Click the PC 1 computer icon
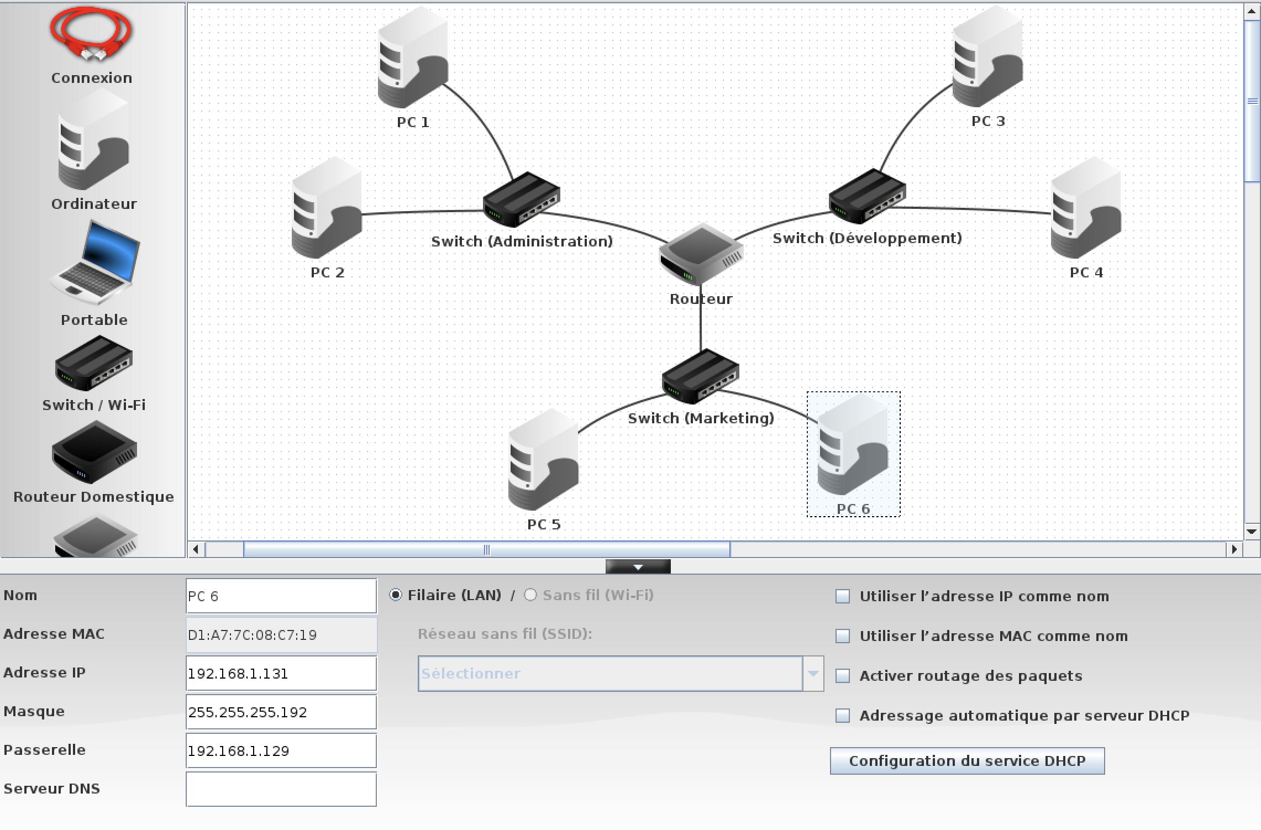coord(413,58)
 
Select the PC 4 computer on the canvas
coord(1086,208)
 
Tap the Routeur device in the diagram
coord(701,254)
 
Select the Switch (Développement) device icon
coord(867,197)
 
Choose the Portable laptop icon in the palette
coord(94,262)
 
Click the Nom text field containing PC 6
coord(281,596)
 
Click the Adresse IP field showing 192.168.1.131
coord(281,674)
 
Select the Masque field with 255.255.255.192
coord(281,712)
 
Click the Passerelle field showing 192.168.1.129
coord(281,751)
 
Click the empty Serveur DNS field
coord(281,790)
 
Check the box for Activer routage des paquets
coord(843,676)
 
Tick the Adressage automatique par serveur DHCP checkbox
coord(843,716)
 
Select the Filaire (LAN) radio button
coord(396,595)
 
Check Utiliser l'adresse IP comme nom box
coord(843,596)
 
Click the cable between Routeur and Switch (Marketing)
coord(701,326)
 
